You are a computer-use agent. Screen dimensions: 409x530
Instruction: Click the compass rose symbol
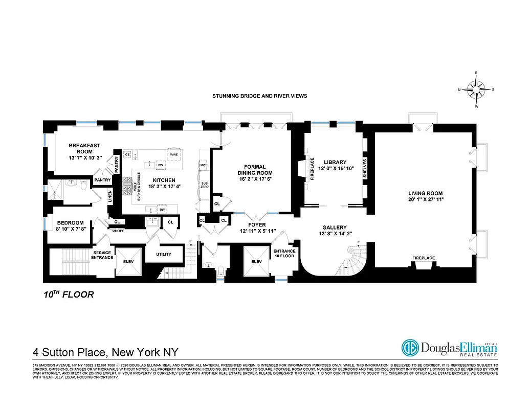[476, 90]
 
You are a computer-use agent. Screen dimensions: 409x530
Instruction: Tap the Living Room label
[425, 193]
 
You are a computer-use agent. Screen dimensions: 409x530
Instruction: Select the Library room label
[335, 162]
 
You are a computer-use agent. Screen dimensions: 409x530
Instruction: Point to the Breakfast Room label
[85, 148]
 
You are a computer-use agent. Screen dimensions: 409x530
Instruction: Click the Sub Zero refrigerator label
[204, 186]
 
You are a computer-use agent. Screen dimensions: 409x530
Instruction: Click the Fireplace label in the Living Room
[425, 258]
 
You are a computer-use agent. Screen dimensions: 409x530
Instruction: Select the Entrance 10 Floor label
[284, 253]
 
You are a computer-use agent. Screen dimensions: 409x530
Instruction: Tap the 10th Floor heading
[69, 295]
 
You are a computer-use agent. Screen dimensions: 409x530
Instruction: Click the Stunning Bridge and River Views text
[260, 96]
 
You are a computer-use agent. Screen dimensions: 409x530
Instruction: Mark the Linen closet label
[109, 198]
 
